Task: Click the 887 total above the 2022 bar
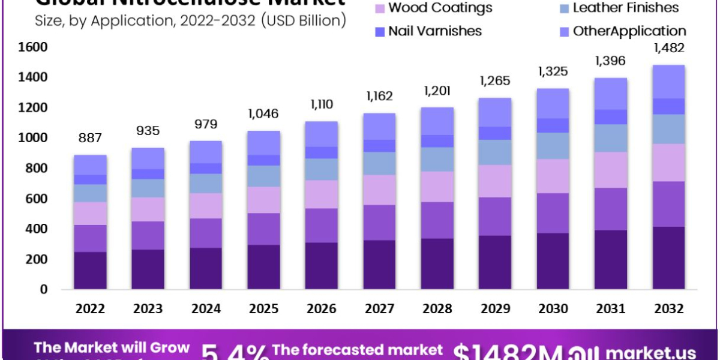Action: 90,137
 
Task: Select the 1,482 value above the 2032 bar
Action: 668,48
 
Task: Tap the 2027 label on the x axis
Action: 379,309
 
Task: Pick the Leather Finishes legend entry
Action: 625,8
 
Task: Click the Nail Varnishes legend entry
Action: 434,31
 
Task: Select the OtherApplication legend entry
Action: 628,31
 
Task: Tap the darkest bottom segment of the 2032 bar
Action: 668,258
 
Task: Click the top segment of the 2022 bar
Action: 90,165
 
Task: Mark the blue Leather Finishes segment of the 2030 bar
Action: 553,146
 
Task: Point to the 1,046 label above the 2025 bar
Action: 263,113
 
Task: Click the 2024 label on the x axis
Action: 206,309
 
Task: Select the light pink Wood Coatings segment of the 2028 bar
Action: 437,187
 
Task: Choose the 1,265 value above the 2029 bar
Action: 495,80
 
